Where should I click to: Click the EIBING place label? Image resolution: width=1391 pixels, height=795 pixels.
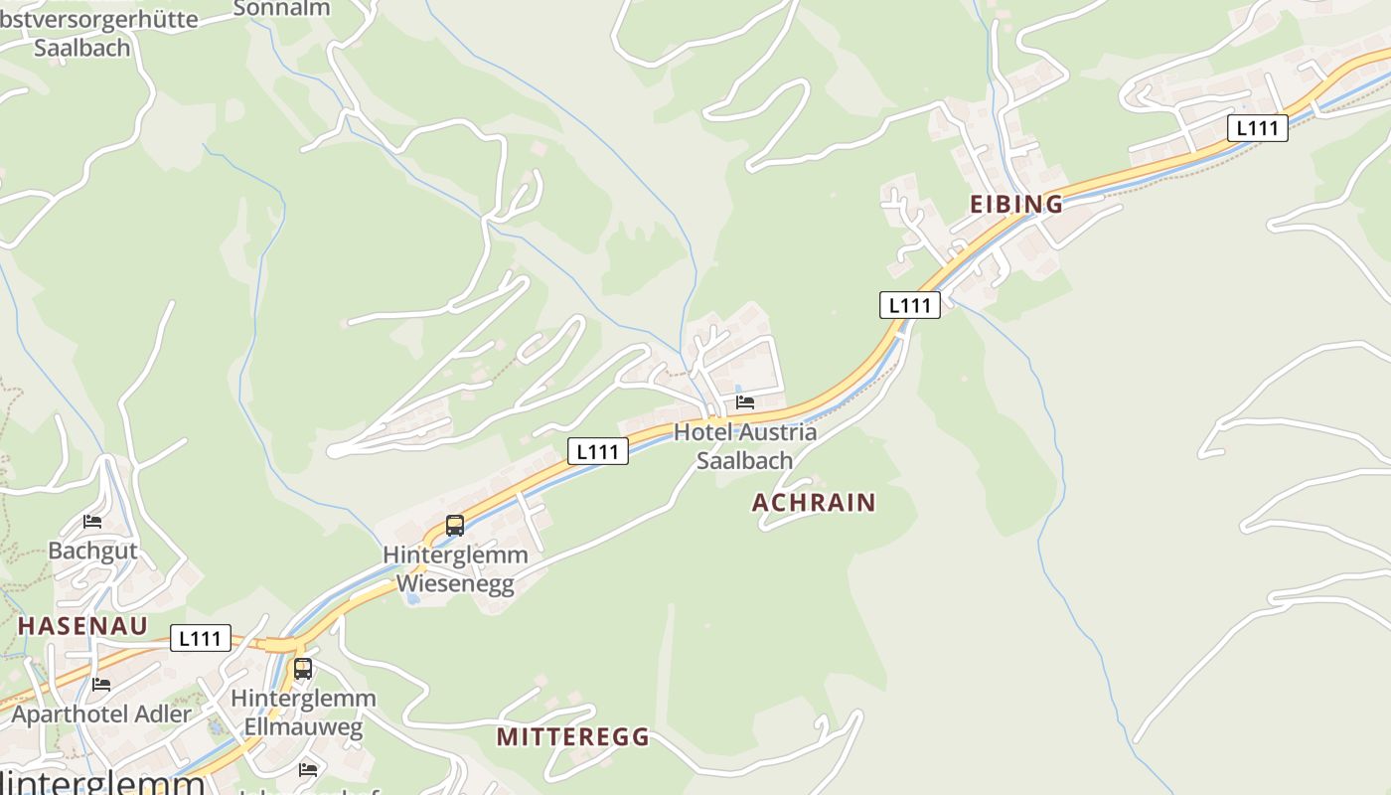pos(1015,205)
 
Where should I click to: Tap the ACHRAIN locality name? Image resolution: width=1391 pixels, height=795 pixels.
pos(814,503)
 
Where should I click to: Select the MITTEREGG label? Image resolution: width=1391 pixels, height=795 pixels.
pos(572,737)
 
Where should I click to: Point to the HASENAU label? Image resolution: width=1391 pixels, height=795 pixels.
pos(82,626)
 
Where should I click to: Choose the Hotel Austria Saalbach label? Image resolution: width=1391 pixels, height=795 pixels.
pos(745,446)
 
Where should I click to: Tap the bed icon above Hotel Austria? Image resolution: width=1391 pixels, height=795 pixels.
pos(745,402)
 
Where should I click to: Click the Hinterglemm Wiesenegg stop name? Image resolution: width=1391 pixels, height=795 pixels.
pos(456,569)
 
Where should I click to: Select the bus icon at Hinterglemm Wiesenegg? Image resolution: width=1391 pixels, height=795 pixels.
pos(455,526)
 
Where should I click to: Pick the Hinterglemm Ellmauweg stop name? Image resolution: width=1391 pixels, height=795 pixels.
pos(303,713)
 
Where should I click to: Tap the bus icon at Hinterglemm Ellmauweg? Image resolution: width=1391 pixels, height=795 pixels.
pos(303,669)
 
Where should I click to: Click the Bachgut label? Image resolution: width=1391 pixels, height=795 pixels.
pos(92,551)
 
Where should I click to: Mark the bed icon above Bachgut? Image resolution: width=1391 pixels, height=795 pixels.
pos(92,521)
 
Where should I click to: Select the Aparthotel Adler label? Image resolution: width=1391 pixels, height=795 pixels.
pos(101,714)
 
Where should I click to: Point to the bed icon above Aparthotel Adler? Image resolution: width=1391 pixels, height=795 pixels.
pos(101,684)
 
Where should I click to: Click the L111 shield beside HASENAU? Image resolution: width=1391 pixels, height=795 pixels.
pos(201,638)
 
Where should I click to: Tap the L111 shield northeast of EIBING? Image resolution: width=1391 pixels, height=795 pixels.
pos(1258,128)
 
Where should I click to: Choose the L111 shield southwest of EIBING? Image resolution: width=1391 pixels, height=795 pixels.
pos(910,305)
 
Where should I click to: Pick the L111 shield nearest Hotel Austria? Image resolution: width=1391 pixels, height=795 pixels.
pos(598,452)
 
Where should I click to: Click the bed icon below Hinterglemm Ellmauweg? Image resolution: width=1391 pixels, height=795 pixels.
pos(308,769)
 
